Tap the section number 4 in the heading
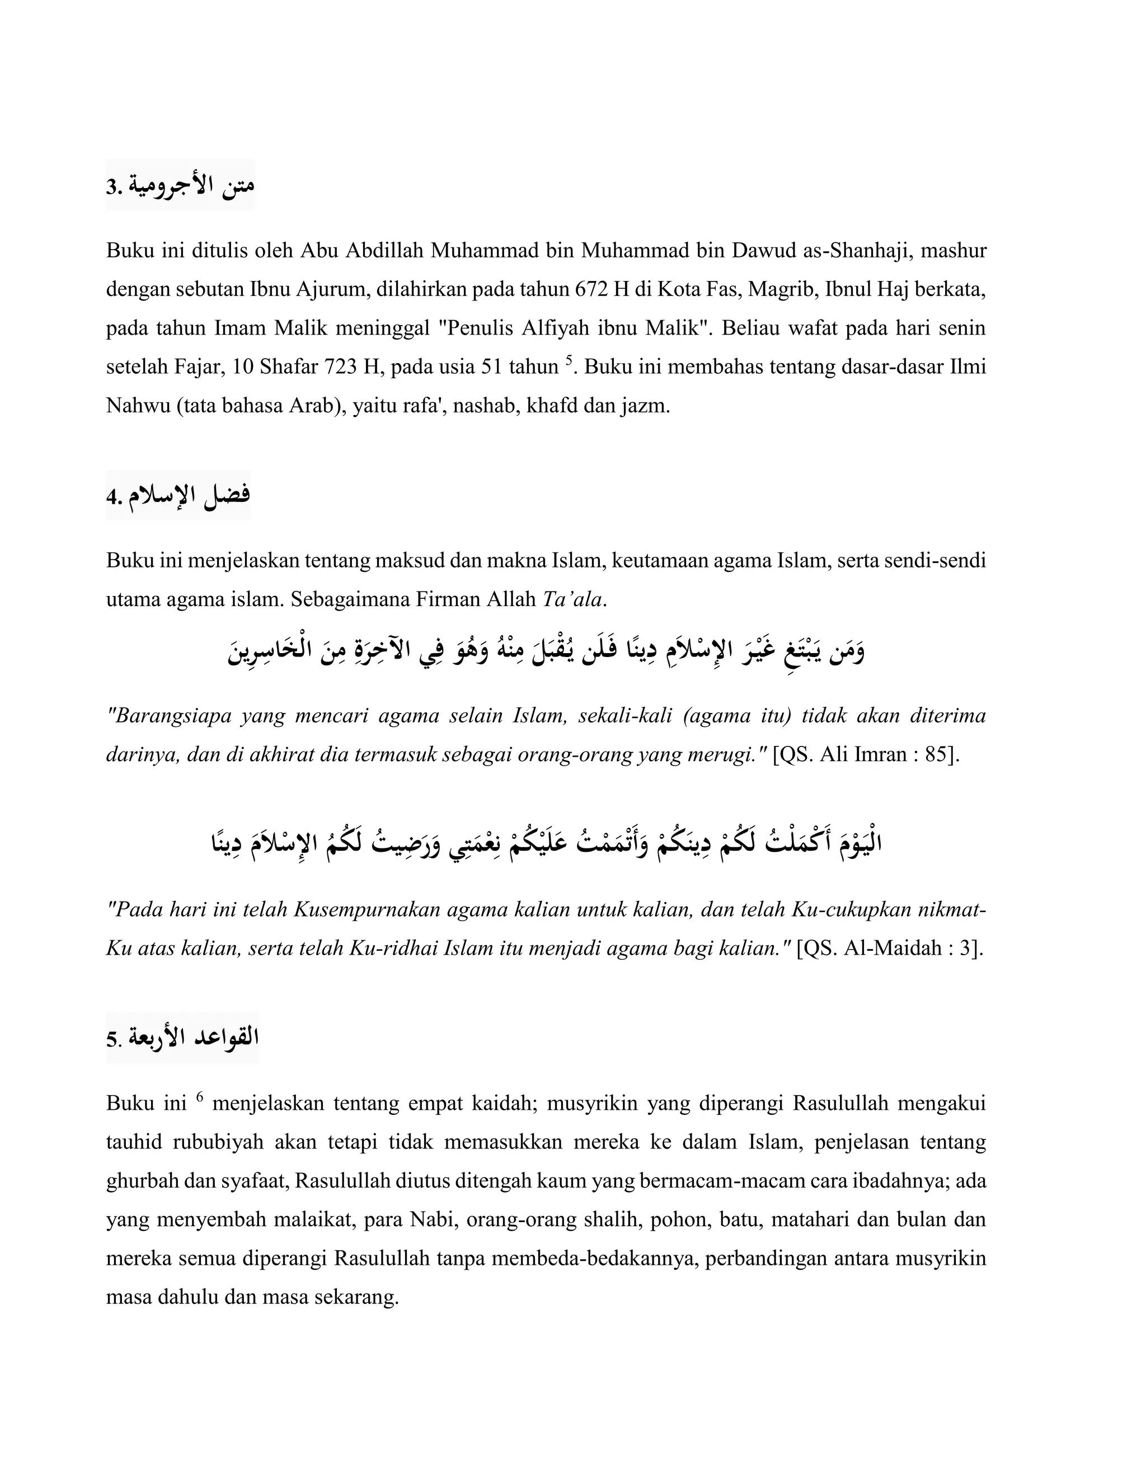click(111, 498)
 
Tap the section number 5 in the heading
click(111, 1040)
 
